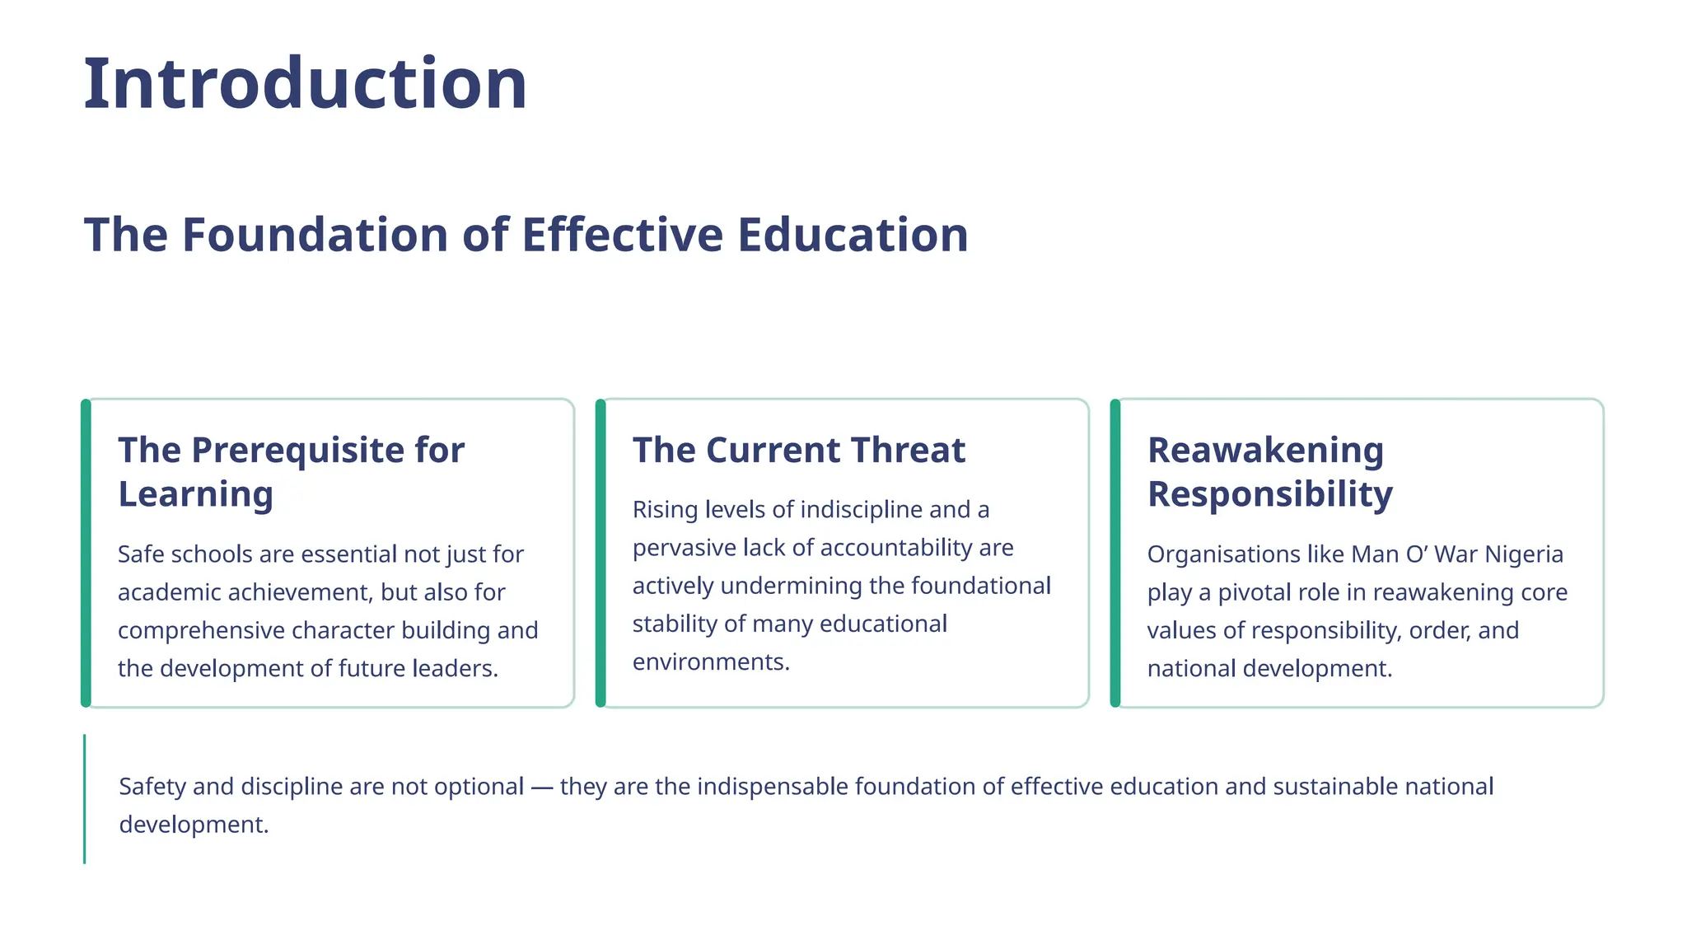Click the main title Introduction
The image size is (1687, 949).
305,84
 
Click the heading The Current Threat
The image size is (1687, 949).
798,451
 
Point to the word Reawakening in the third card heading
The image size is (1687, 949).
1265,451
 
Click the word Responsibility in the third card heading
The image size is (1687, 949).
1269,494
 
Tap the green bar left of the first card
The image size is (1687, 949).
86,553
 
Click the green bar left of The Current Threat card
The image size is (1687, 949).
600,553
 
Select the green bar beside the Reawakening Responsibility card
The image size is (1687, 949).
1115,553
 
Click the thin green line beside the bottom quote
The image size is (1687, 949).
84,799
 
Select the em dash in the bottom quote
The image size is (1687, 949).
541,788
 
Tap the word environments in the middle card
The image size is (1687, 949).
709,662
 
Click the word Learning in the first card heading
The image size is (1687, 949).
195,494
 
